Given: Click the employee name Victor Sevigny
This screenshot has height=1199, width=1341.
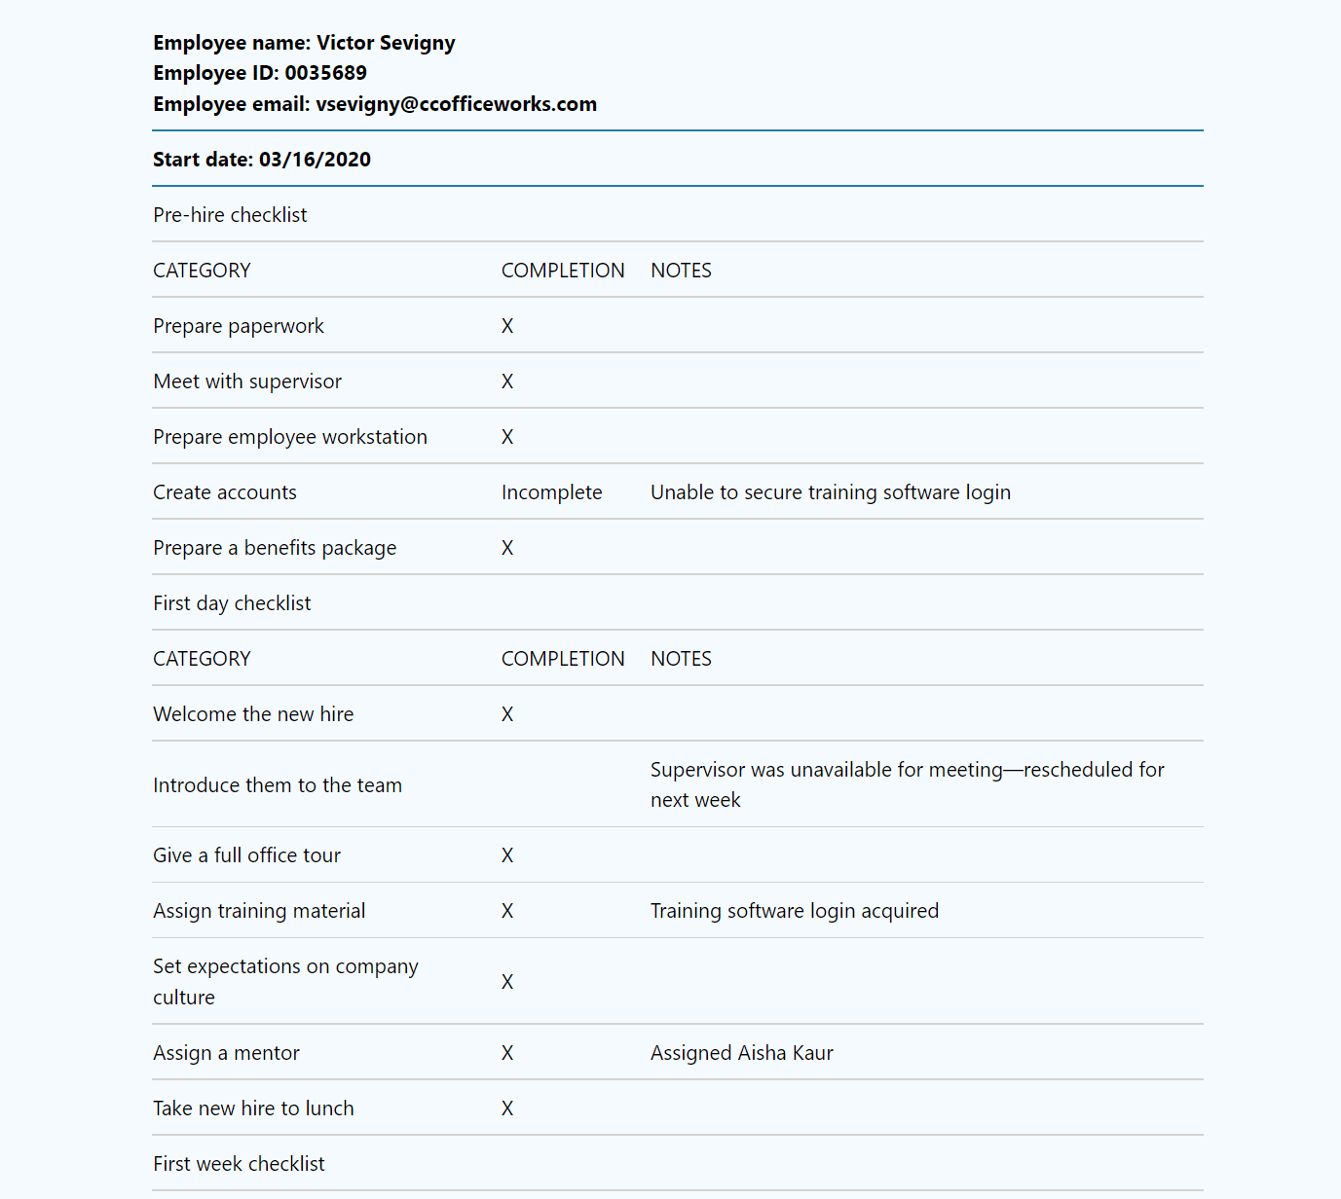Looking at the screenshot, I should (x=386, y=43).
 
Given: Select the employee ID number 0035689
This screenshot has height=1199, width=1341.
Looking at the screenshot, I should (x=325, y=73).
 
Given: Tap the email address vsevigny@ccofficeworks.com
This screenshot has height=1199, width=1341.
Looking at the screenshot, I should (x=456, y=104).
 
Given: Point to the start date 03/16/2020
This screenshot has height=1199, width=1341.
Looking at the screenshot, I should (x=315, y=160).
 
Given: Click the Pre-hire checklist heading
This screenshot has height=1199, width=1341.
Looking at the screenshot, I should (x=230, y=215).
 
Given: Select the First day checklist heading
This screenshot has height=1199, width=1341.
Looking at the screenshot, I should (x=232, y=603).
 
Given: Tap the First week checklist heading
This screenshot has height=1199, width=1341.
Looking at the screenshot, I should (x=239, y=1164).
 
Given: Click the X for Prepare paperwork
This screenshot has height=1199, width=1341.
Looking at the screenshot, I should (x=507, y=326).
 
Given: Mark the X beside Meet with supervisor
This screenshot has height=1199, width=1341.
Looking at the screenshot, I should (x=507, y=381).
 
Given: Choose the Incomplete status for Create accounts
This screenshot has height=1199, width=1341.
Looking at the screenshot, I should (x=551, y=492).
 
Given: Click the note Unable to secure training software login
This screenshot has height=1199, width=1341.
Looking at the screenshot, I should (x=830, y=492).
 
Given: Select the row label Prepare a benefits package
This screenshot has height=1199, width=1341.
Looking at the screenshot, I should (x=275, y=548).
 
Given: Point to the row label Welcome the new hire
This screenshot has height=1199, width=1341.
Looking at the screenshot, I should (x=253, y=714).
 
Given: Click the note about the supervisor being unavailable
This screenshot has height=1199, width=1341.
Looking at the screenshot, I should (x=907, y=784).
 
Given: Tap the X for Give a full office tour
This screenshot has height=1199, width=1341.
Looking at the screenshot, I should (x=507, y=855).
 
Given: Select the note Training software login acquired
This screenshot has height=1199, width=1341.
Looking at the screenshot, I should (x=794, y=911).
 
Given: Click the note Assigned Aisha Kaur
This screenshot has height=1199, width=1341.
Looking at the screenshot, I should (x=741, y=1053).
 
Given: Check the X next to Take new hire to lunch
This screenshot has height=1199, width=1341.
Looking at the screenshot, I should (x=507, y=1108).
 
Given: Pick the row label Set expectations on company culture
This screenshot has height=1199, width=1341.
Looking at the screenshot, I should (x=285, y=981).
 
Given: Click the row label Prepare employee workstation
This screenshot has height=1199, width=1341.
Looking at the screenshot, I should (x=290, y=437).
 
